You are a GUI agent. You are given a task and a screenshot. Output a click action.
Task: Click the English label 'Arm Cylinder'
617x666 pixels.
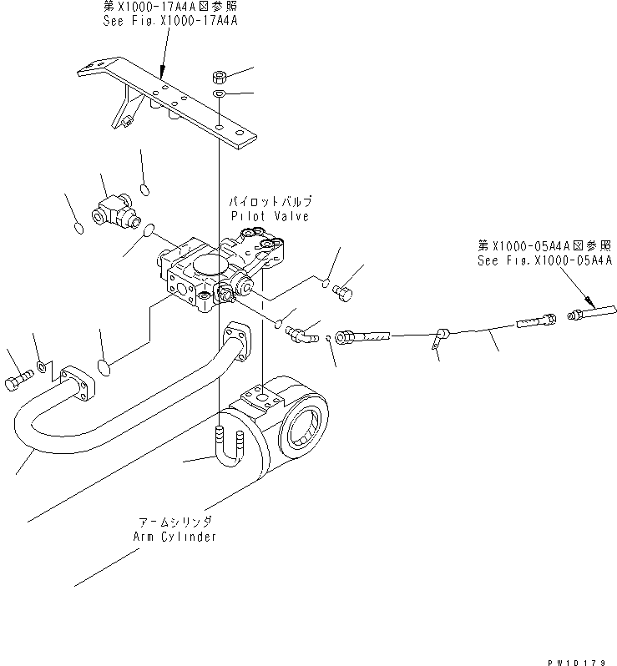coord(174,536)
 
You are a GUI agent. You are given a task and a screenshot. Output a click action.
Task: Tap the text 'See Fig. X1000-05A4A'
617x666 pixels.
coord(545,260)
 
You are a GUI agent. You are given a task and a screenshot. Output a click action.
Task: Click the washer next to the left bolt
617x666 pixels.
coord(43,366)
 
